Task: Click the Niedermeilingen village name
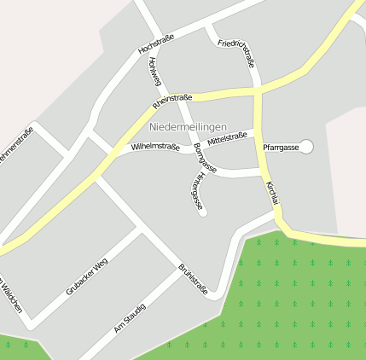188,127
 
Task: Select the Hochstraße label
155,46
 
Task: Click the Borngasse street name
205,159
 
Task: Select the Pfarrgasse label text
280,148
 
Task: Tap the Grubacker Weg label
87,276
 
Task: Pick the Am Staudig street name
130,317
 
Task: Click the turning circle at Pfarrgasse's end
307,147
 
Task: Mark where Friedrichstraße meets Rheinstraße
257,88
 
